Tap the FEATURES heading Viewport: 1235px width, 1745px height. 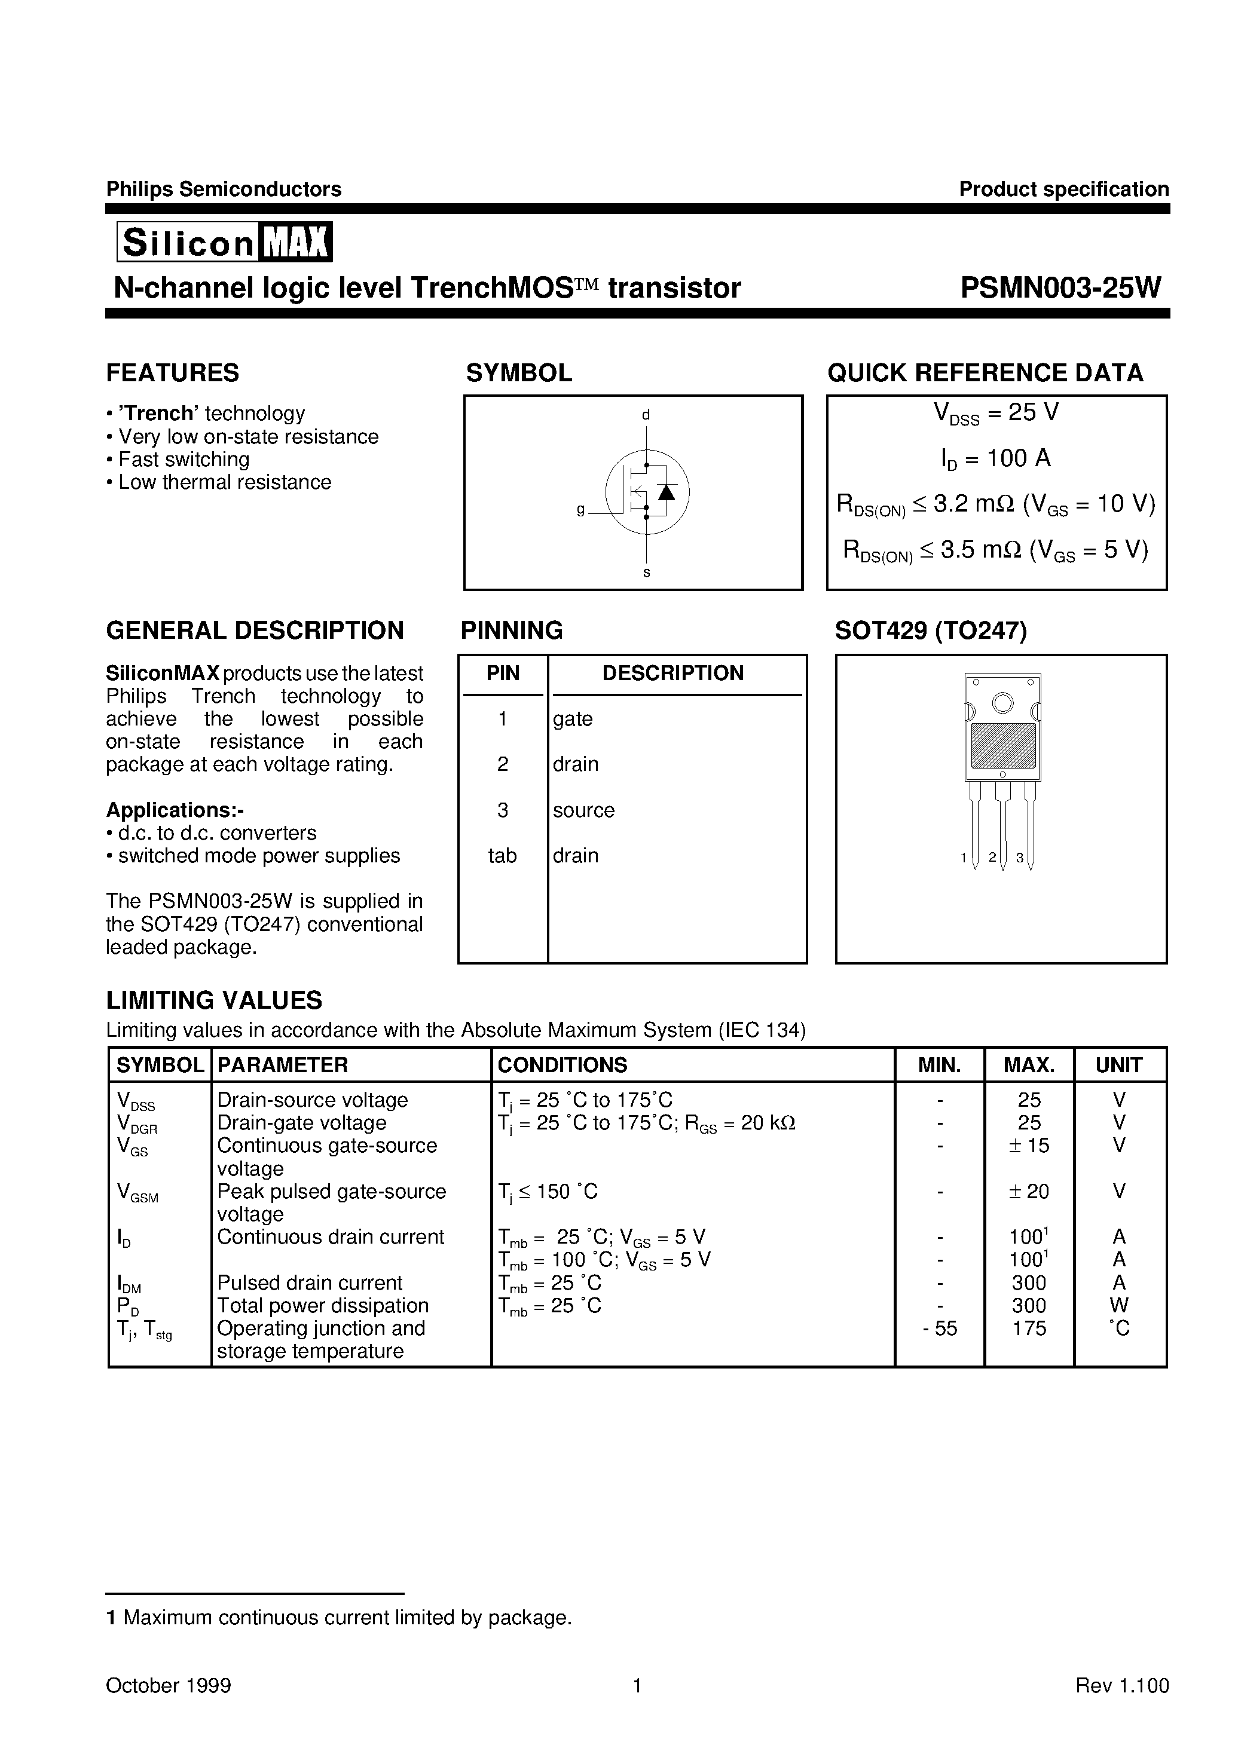[173, 373]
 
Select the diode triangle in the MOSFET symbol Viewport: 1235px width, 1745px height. [666, 492]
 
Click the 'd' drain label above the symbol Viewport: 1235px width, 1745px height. [646, 415]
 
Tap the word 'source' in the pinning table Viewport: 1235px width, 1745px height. [583, 810]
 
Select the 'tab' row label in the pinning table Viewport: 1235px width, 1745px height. [502, 856]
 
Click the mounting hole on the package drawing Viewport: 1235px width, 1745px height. [1002, 703]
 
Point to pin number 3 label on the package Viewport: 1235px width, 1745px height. [1020, 858]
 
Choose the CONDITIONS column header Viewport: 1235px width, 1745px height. [562, 1065]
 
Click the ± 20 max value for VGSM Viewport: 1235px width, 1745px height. [1028, 1192]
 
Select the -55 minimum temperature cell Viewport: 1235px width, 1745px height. [940, 1328]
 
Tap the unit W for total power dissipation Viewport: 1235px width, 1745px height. [1118, 1306]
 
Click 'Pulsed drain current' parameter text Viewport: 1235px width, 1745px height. [310, 1283]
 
